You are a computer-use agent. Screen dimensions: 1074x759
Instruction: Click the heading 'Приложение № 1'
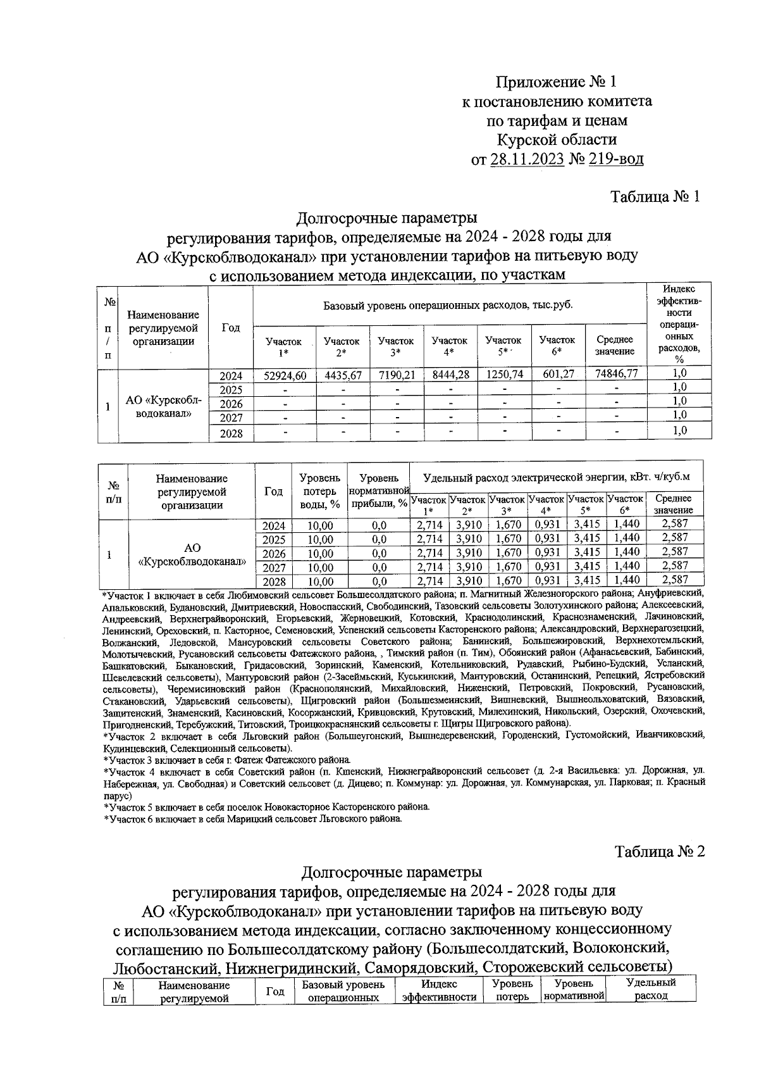point(555,82)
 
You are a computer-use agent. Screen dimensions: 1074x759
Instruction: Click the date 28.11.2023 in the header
point(527,159)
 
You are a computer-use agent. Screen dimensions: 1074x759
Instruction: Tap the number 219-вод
point(614,159)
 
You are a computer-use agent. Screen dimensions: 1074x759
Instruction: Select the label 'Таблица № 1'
point(655,197)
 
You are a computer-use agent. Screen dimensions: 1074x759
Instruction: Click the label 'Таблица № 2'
point(660,852)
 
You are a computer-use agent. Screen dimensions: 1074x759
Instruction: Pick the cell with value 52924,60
point(285,375)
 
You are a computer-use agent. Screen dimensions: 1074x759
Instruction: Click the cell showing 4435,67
point(342,375)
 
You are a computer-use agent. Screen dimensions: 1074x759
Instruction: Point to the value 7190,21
point(396,375)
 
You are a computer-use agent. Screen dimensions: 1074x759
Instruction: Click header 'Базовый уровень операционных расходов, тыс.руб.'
point(448,306)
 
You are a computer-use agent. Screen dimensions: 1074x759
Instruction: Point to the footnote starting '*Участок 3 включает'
point(226,759)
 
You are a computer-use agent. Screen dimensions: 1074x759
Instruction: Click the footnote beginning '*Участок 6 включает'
point(253,818)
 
